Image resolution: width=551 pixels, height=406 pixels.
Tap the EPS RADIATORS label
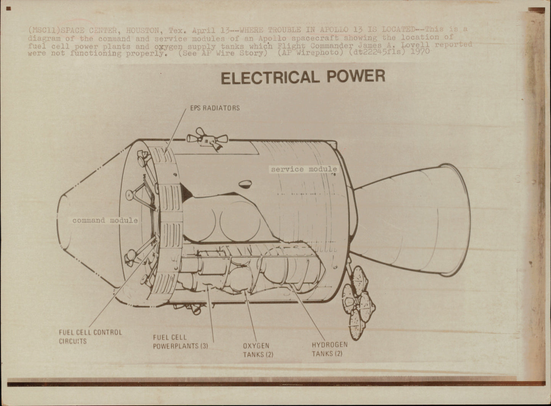click(215, 108)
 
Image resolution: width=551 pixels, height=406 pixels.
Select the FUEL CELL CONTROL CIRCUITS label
click(90, 336)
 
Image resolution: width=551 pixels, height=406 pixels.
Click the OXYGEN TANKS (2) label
click(258, 350)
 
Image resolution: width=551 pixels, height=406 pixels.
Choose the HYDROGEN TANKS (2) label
click(329, 349)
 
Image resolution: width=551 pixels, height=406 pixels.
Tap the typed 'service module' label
click(304, 169)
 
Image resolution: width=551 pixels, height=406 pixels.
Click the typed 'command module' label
click(105, 220)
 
